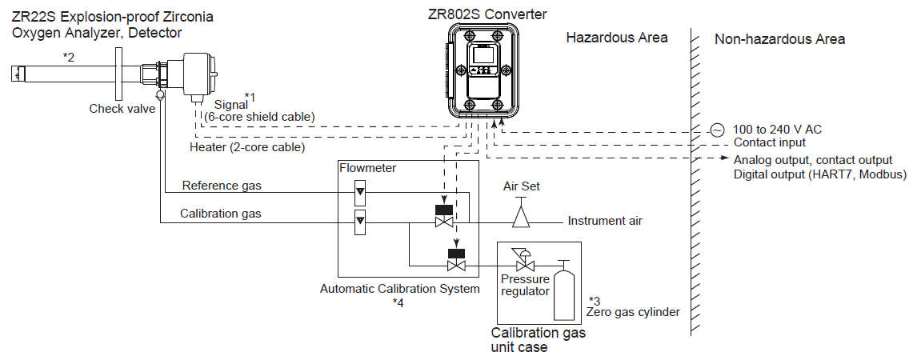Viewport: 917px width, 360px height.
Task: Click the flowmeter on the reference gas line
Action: click(359, 192)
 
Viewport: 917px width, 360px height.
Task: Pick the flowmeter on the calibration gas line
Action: click(359, 222)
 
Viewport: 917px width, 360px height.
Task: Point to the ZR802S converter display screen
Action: click(483, 57)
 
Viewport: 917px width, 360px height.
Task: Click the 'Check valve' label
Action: click(122, 109)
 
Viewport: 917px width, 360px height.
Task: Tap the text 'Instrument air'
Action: click(605, 221)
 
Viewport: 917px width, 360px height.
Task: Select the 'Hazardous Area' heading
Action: click(617, 38)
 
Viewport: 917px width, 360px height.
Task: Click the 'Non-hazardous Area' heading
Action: click(779, 39)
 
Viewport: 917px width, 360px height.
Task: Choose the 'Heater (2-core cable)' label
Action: click(247, 147)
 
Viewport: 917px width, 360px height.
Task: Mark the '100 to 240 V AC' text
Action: click(777, 130)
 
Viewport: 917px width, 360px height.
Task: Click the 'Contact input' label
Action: click(770, 142)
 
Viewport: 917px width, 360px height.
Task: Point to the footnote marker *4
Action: click(398, 302)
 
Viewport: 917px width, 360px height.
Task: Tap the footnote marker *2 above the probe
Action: click(70, 58)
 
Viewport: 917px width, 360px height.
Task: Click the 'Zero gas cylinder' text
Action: click(634, 312)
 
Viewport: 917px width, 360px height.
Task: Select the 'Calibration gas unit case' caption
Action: click(538, 340)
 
